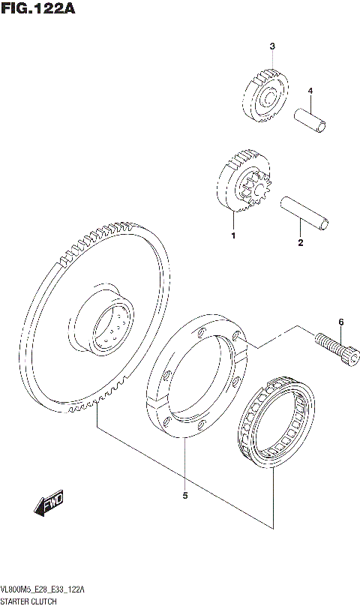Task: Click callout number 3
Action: (x=272, y=46)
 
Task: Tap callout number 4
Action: (x=309, y=91)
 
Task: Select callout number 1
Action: (x=233, y=236)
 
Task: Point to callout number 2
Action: (x=300, y=242)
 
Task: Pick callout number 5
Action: (x=184, y=495)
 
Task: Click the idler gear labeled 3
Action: (x=264, y=95)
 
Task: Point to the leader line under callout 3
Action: (x=272, y=60)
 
